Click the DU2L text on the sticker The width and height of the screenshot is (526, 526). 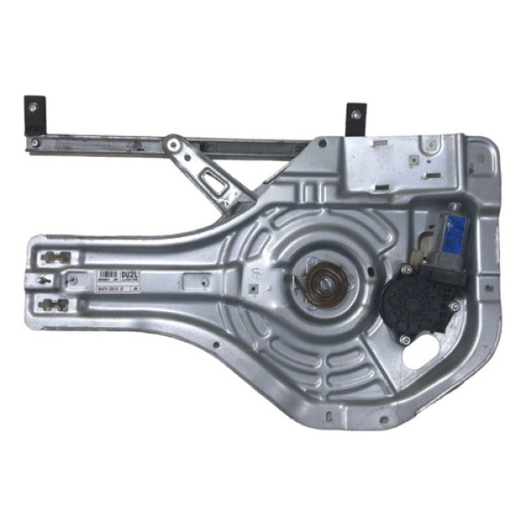pos(131,274)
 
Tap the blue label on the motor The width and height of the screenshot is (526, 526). pos(455,231)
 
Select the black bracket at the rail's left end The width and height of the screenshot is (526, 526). pos(33,115)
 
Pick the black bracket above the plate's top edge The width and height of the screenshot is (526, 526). pos(356,118)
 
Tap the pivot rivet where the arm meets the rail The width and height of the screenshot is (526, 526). pos(174,142)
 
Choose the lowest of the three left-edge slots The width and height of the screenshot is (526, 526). pos(53,305)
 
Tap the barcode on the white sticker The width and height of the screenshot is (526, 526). pos(110,275)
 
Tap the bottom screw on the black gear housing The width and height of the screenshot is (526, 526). pos(404,340)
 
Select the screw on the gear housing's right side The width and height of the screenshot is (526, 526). pos(454,306)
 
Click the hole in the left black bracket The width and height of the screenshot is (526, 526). pos(33,107)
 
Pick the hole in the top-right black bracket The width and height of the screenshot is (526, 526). pos(357,112)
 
